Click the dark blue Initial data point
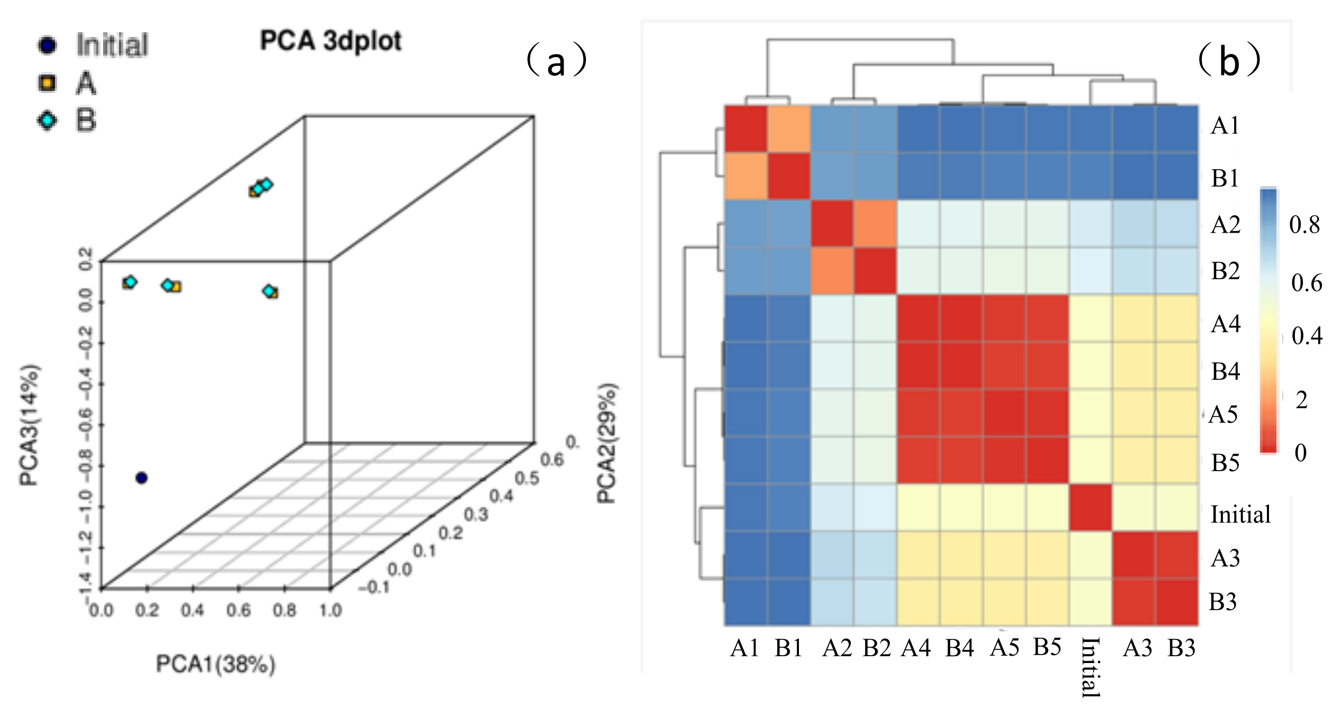[141, 478]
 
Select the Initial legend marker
[47, 45]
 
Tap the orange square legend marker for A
[47, 83]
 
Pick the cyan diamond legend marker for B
[47, 121]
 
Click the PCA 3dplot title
[330, 41]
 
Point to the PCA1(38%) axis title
[215, 664]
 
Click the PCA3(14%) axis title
[30, 425]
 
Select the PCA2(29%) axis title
[607, 443]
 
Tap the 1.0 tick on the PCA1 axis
[330, 611]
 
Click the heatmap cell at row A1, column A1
[746, 130]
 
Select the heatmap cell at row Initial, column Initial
[1091, 508]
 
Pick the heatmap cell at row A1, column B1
[789, 130]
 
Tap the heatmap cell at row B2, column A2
[832, 271]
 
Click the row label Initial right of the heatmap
[1240, 514]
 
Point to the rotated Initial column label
[1091, 667]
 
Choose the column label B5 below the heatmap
[1047, 647]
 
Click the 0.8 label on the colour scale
[1304, 225]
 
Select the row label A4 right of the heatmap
[1226, 324]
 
